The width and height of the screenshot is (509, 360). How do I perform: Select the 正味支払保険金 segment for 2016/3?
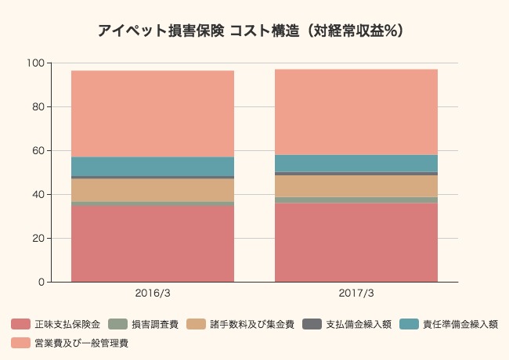[153, 243]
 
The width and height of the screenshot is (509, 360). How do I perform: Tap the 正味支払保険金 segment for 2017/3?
[356, 243]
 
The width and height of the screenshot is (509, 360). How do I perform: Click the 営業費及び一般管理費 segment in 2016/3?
[153, 113]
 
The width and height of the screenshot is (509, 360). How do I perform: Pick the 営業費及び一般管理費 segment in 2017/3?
[356, 112]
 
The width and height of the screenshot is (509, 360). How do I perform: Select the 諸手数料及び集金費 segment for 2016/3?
[153, 190]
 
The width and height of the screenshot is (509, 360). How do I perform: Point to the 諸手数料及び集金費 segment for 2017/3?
[356, 186]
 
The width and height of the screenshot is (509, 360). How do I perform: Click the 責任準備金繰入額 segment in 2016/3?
[153, 167]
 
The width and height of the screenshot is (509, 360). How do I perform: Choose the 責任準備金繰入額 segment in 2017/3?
[356, 164]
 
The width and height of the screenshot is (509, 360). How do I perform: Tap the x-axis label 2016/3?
[153, 293]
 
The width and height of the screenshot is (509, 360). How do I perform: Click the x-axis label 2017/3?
[356, 293]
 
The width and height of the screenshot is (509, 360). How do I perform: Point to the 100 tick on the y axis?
[37, 63]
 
